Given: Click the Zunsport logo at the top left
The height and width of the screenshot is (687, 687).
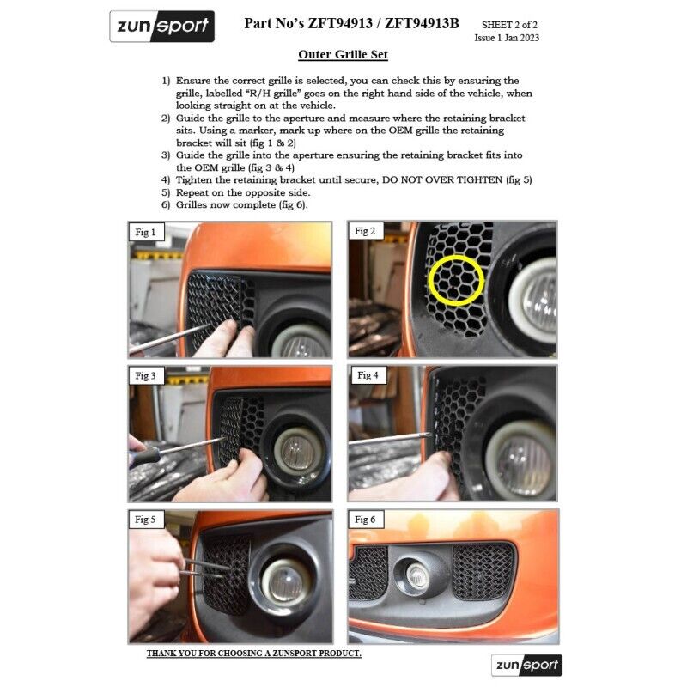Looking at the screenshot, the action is click(161, 27).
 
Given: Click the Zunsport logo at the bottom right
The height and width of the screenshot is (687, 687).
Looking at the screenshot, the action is click(526, 665).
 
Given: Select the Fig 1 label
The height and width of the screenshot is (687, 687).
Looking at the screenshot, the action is click(146, 232).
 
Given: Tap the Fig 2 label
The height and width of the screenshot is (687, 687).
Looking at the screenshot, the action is click(365, 230).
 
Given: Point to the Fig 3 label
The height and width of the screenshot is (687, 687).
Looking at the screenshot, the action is click(146, 375).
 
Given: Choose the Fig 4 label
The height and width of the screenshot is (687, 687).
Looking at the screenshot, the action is click(368, 375).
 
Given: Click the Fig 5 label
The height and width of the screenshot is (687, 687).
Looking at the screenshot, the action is click(146, 520).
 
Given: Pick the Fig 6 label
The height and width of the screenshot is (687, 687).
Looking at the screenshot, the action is click(366, 520).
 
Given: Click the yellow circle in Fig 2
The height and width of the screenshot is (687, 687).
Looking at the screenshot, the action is click(456, 256).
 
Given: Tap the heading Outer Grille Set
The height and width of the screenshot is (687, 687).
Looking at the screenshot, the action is click(343, 54).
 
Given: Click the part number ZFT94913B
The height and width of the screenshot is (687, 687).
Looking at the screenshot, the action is click(422, 23).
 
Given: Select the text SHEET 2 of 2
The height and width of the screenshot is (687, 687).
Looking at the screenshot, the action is click(509, 25).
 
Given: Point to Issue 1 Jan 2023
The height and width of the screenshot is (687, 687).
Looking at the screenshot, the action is click(507, 38).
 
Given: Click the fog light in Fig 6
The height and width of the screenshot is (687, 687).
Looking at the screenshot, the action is click(418, 575).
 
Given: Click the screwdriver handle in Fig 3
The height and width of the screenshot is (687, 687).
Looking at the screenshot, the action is click(143, 456).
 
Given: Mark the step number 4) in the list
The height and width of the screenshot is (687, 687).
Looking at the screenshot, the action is click(166, 180).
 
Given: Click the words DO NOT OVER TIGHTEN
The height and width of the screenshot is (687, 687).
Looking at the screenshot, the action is click(442, 179).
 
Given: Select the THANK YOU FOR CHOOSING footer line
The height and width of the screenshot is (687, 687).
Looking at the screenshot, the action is click(253, 653).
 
